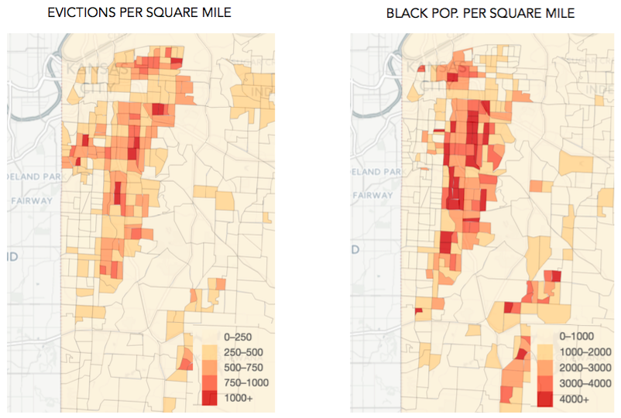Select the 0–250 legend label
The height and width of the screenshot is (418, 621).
tap(237, 337)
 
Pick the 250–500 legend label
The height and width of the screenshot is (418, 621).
tap(240, 351)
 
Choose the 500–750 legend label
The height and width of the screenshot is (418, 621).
tap(240, 367)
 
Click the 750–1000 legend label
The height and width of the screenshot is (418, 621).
tap(243, 382)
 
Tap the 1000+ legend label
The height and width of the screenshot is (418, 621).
tap(238, 398)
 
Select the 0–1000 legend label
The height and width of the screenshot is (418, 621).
tap(575, 337)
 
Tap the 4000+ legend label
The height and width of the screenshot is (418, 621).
tap(575, 399)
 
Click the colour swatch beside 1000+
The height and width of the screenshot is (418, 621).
tap(210, 398)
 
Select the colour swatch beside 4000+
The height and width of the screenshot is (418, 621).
tap(546, 399)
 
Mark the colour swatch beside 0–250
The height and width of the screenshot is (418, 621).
tap(210, 337)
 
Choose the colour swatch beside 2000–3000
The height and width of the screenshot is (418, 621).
tap(546, 368)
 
